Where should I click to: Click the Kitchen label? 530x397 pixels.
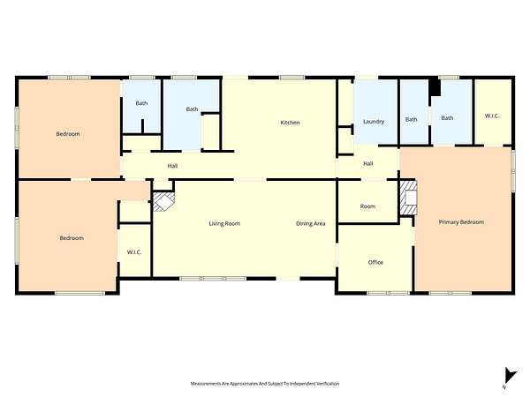290,123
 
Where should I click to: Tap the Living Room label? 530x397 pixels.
224,223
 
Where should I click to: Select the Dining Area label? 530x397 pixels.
311,223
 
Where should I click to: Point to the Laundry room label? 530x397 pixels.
374,122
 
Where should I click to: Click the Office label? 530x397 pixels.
375,262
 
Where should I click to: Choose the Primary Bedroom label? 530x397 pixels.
461,222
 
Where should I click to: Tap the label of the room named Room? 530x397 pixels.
367,206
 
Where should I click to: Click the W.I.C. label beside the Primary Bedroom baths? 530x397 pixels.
492,116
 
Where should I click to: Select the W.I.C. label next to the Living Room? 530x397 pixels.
134,252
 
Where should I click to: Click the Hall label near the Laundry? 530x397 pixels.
368,164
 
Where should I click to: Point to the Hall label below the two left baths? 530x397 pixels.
172,166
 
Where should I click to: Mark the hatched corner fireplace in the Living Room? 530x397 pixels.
164,201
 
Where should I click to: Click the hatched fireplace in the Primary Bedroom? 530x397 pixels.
408,198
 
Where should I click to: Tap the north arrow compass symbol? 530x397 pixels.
510,377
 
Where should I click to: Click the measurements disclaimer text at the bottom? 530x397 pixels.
265,384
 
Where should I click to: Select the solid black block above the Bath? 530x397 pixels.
435,87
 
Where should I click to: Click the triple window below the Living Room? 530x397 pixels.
213,279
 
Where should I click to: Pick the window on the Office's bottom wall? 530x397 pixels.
389,293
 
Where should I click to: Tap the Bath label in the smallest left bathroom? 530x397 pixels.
141,103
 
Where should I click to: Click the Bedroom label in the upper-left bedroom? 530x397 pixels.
68,134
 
